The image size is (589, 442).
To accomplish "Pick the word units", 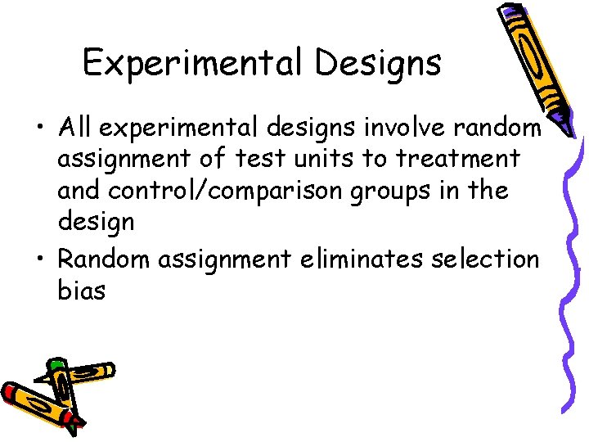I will [x=316, y=159].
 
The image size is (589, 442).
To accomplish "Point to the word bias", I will [x=82, y=290].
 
